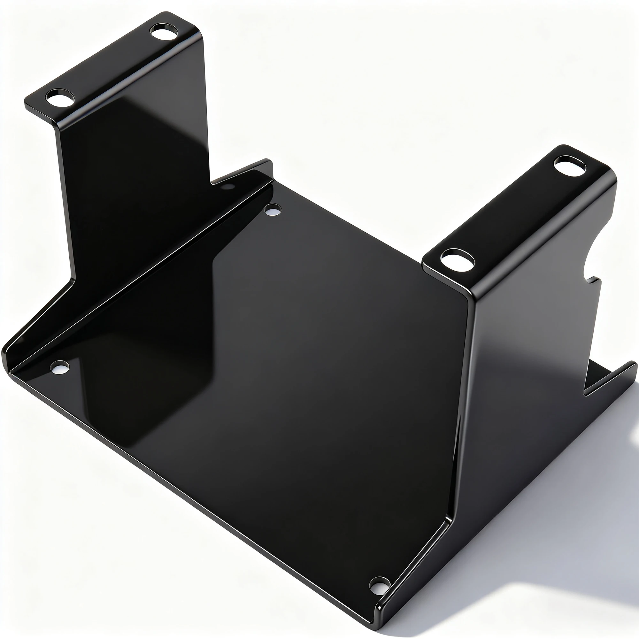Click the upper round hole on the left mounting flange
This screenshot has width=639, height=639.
(164, 32)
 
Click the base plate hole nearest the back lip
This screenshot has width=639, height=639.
(273, 210)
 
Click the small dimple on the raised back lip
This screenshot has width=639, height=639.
(227, 187)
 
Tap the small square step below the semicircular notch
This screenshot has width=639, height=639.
(595, 281)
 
